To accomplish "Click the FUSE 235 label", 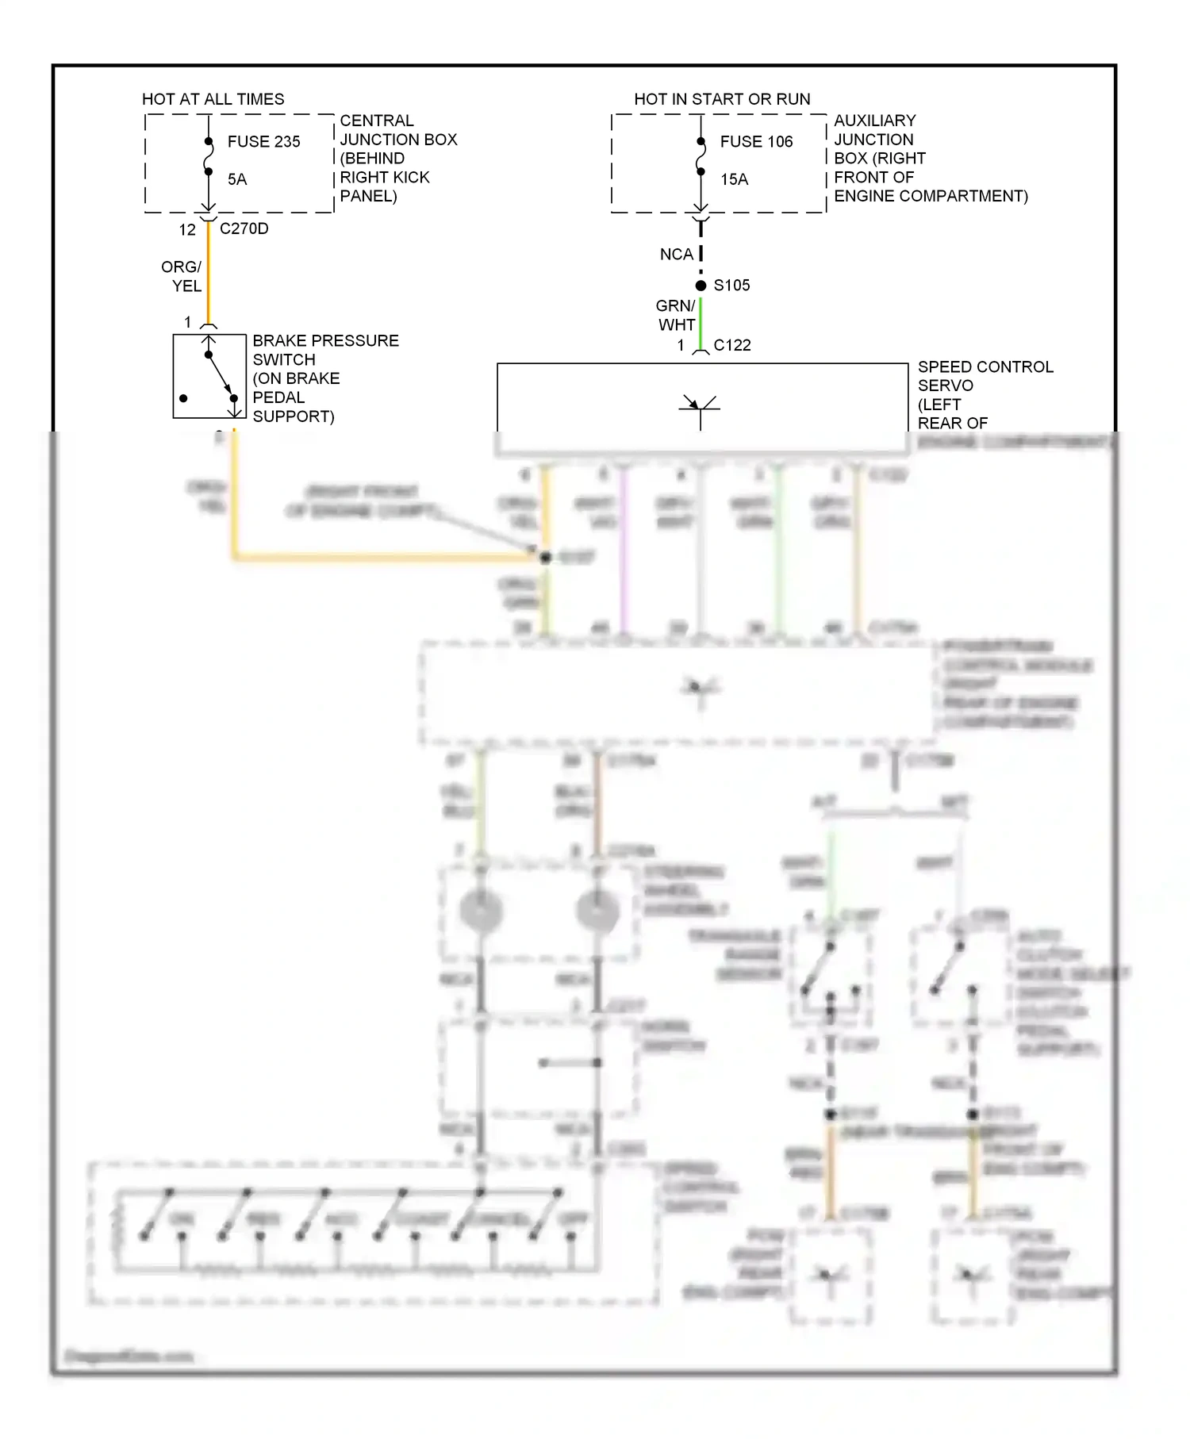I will click(263, 142).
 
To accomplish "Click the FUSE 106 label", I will click(756, 142).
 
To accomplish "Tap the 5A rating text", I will click(237, 180).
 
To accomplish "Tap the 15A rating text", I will click(734, 180).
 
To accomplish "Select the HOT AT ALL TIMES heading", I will click(213, 99).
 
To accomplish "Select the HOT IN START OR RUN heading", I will click(722, 99).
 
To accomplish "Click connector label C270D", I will click(244, 229).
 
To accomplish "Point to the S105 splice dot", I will click(701, 286).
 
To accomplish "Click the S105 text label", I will click(731, 286).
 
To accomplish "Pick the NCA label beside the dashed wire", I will click(676, 255).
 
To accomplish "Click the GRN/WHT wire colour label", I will click(676, 316).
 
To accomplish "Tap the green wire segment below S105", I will click(701, 321).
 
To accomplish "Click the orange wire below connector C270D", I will click(209, 274).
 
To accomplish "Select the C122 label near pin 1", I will click(731, 346).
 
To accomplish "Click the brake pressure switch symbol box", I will click(209, 376).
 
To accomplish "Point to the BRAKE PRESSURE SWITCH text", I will click(325, 350).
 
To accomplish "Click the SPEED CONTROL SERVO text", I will click(985, 376).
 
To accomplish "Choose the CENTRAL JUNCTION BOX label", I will click(398, 130).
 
